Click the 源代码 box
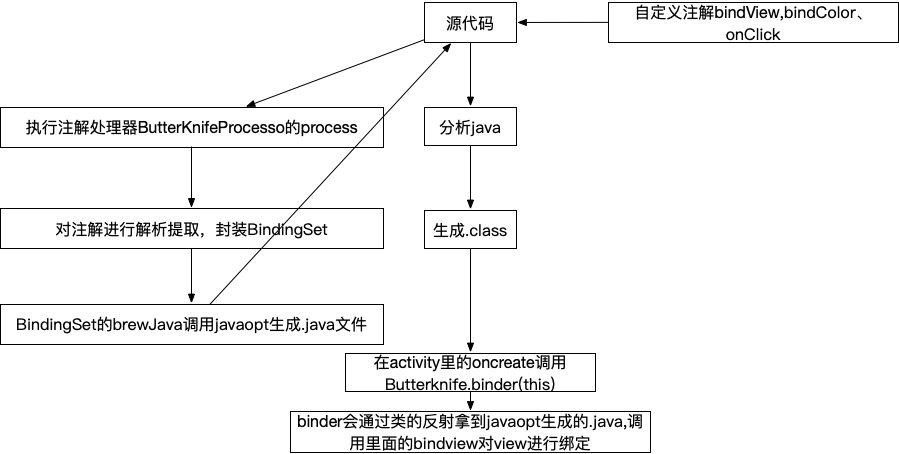coord(470,23)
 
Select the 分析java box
coord(470,128)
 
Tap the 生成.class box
coord(470,231)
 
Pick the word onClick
coord(753,34)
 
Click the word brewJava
coord(137,325)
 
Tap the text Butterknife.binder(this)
coord(470,383)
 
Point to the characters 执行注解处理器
coord(79,129)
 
